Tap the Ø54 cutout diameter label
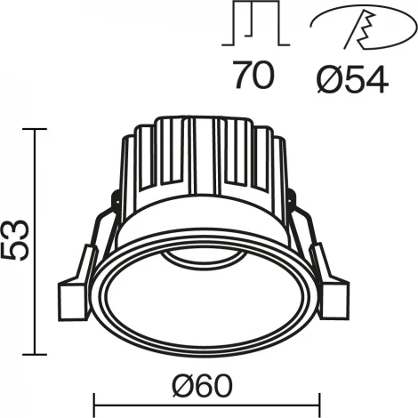[352, 79]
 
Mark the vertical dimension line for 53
[36, 241]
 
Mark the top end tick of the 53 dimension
[36, 130]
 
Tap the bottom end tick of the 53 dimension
[36, 353]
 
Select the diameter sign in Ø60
[181, 383]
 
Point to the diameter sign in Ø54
[326, 79]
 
